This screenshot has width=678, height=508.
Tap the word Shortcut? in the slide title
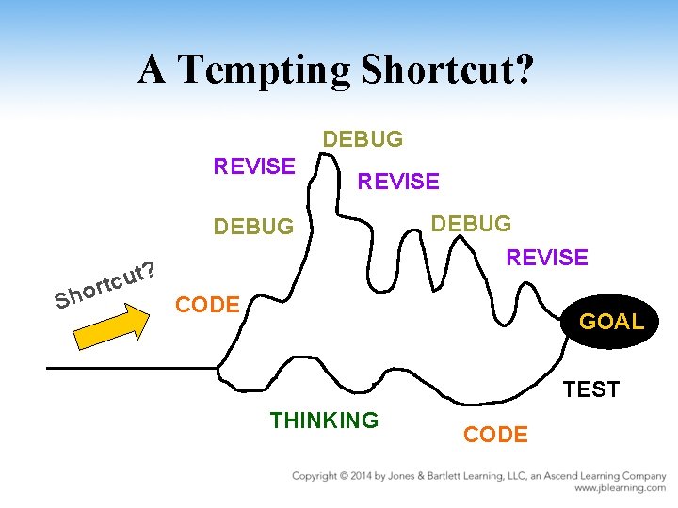click(448, 71)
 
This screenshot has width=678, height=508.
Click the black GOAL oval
click(611, 322)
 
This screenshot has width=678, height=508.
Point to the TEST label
click(590, 389)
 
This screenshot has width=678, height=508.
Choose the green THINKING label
click(324, 421)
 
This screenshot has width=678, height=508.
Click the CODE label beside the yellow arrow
click(208, 305)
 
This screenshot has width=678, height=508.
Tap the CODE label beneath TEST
click(496, 435)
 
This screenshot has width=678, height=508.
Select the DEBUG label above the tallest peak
click(363, 140)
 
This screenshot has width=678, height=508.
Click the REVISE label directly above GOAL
click(547, 257)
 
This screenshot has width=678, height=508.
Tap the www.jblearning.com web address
click(620, 489)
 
